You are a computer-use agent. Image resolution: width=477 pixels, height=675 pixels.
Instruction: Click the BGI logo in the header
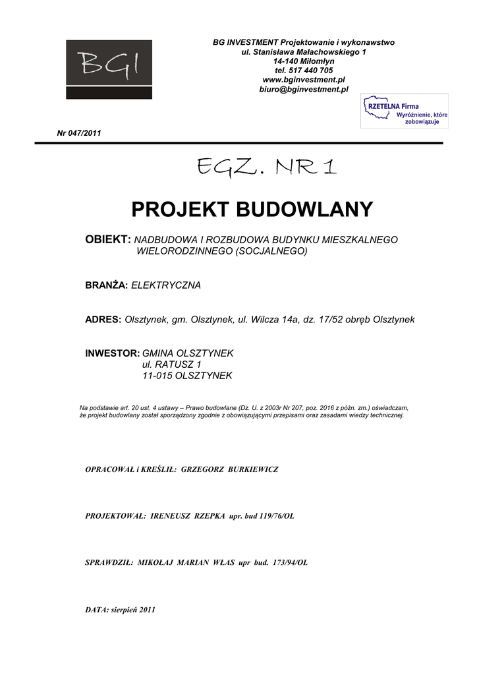109,69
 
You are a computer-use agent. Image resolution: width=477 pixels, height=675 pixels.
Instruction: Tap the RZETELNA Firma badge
405,111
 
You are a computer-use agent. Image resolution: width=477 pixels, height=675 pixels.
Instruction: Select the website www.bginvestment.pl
304,80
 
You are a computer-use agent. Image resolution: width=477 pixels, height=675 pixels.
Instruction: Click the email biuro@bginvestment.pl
304,89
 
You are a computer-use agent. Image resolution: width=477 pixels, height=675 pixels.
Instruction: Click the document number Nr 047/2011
79,133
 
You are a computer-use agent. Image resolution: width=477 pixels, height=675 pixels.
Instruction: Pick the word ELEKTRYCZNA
166,285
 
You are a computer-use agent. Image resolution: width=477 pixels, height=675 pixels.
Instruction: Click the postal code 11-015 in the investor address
157,376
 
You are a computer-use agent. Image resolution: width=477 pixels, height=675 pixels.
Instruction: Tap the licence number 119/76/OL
271,516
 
